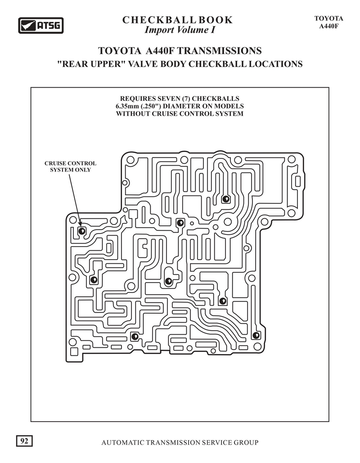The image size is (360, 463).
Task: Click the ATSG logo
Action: pyautogui.click(x=41, y=25)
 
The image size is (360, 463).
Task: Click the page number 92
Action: pyautogui.click(x=24, y=441)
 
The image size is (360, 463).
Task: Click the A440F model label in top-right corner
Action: pyautogui.click(x=328, y=26)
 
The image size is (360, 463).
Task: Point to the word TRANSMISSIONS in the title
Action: pyautogui.click(x=219, y=50)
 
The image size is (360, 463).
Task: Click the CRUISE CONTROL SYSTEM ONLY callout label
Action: pyautogui.click(x=70, y=166)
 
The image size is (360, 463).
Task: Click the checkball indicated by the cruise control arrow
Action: pyautogui.click(x=81, y=231)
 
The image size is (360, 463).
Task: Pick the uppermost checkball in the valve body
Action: pyautogui.click(x=225, y=199)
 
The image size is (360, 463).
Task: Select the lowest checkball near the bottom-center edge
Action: pyautogui.click(x=135, y=336)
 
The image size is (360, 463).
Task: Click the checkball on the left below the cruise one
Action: pyautogui.click(x=94, y=279)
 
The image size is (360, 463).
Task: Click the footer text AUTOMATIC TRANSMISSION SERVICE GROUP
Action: pyautogui.click(x=180, y=443)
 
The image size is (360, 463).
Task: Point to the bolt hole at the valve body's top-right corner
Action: pyautogui.click(x=292, y=159)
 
